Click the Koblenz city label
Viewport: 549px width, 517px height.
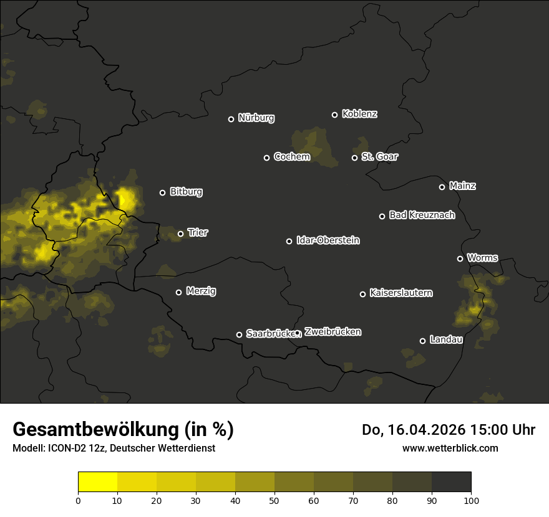[359, 114]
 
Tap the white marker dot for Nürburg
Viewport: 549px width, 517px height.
[231, 119]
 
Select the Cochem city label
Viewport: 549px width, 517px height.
[291, 156]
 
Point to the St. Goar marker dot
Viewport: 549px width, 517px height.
[354, 158]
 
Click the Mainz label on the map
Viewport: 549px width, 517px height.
[462, 186]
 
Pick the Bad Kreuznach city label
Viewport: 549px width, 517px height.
[422, 215]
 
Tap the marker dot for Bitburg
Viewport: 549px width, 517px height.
[162, 192]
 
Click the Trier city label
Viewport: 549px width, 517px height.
[198, 232]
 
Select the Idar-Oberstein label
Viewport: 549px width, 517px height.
[328, 240]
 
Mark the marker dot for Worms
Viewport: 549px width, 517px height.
[460, 258]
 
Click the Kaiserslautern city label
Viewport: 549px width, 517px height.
[401, 293]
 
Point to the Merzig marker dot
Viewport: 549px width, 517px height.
[178, 292]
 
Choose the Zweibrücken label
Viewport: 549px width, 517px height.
[333, 331]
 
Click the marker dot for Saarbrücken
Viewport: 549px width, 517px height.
[239, 334]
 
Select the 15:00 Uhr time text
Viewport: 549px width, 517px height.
[497, 430]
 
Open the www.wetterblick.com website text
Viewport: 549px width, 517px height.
[450, 448]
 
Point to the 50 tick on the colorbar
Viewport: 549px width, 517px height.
[274, 500]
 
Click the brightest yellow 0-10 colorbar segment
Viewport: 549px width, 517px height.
[97, 482]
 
